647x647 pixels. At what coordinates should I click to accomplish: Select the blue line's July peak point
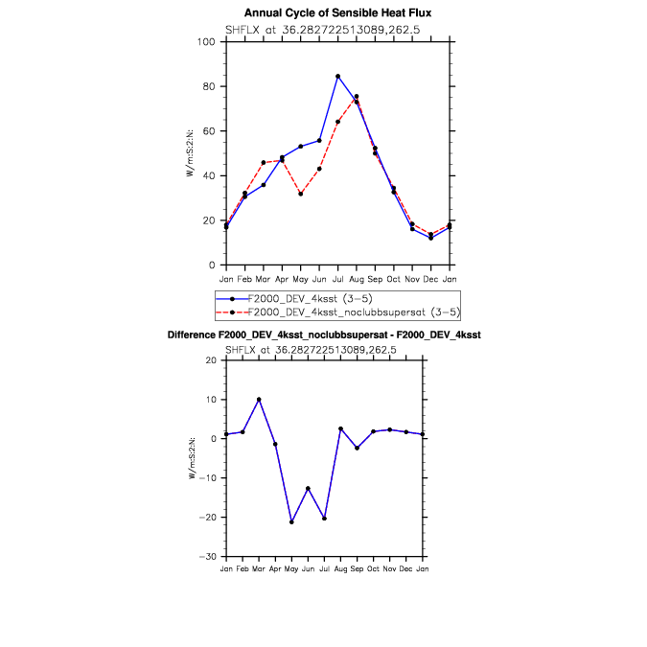338,76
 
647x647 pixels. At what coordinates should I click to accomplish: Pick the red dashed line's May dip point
301,194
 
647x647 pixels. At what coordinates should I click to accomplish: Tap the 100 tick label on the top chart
205,42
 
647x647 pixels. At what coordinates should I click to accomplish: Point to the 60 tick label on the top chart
208,131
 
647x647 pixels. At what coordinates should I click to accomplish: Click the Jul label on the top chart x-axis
338,279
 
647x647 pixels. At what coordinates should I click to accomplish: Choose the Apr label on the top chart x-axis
282,279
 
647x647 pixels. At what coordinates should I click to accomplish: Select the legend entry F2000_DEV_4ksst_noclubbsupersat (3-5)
354,312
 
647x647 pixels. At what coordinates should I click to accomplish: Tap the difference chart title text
323,335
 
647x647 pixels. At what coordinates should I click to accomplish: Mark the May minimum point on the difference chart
291,521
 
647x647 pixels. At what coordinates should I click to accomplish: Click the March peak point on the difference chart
259,400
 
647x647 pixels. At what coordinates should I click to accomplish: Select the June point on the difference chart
308,488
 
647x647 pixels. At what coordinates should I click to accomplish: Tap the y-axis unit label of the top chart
191,153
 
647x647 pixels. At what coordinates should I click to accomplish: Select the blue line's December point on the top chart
431,238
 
